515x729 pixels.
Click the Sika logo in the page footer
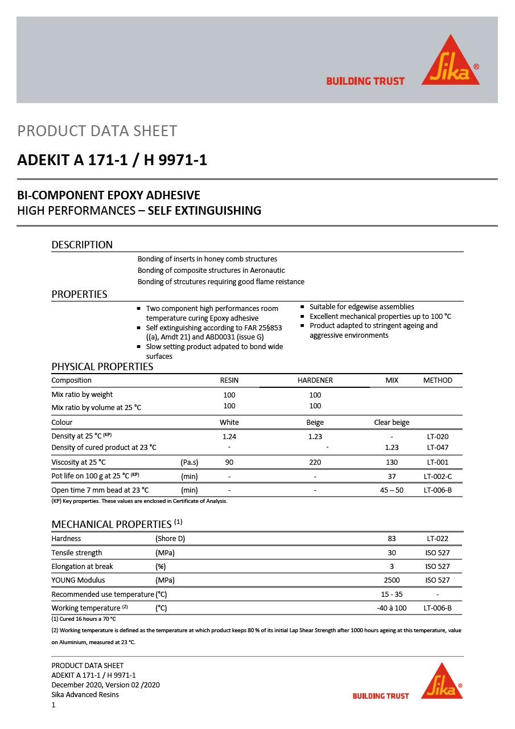[x=442, y=682]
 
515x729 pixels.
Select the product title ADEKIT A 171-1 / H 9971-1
[x=112, y=160]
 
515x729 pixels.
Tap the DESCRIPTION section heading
[x=82, y=245]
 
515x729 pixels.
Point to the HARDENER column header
[x=315, y=380]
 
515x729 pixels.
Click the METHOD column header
[x=438, y=380]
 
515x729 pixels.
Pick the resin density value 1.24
[x=229, y=437]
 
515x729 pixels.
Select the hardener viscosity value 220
[x=315, y=462]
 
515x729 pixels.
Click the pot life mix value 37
[x=392, y=476]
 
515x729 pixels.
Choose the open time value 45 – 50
[x=392, y=490]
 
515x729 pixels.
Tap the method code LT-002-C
[x=438, y=476]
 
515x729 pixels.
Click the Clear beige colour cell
[x=392, y=423]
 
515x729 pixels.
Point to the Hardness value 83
[x=392, y=539]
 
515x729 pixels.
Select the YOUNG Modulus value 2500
[x=392, y=580]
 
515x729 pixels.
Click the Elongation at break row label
[x=82, y=567]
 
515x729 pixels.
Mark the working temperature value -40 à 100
[x=392, y=608]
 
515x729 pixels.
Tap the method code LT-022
[x=438, y=539]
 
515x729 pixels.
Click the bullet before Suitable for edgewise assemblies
[x=303, y=307]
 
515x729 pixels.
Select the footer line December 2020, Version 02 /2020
[x=105, y=685]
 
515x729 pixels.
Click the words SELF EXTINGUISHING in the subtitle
[x=204, y=211]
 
